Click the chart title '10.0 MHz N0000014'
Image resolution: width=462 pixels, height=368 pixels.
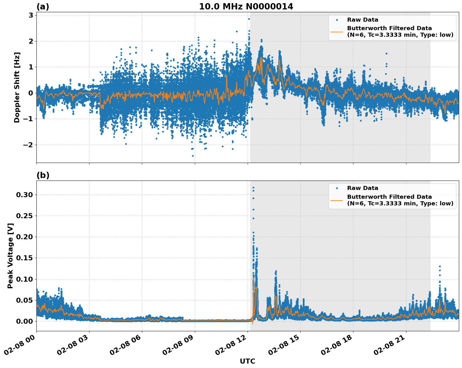246,7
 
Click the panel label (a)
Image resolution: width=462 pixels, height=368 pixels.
43,7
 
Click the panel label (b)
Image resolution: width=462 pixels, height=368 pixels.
43,175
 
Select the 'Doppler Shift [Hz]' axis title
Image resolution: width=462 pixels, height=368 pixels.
17,87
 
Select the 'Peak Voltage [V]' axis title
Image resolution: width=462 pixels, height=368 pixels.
11,256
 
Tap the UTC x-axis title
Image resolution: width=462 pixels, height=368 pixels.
247,361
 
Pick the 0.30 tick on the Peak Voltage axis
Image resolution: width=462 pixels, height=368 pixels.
24,195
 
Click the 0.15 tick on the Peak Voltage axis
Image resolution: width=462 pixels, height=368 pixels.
24,258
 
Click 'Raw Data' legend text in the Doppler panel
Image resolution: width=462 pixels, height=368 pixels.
363,20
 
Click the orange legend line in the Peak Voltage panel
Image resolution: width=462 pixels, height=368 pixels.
336,200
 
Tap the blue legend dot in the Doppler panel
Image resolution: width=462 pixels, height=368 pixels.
336,20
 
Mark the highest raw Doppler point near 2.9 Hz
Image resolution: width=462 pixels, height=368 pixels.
249,19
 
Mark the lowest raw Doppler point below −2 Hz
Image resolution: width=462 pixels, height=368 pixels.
193,156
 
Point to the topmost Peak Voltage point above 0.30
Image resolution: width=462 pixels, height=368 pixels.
253,188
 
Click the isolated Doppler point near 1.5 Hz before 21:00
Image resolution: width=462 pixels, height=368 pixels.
386,53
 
